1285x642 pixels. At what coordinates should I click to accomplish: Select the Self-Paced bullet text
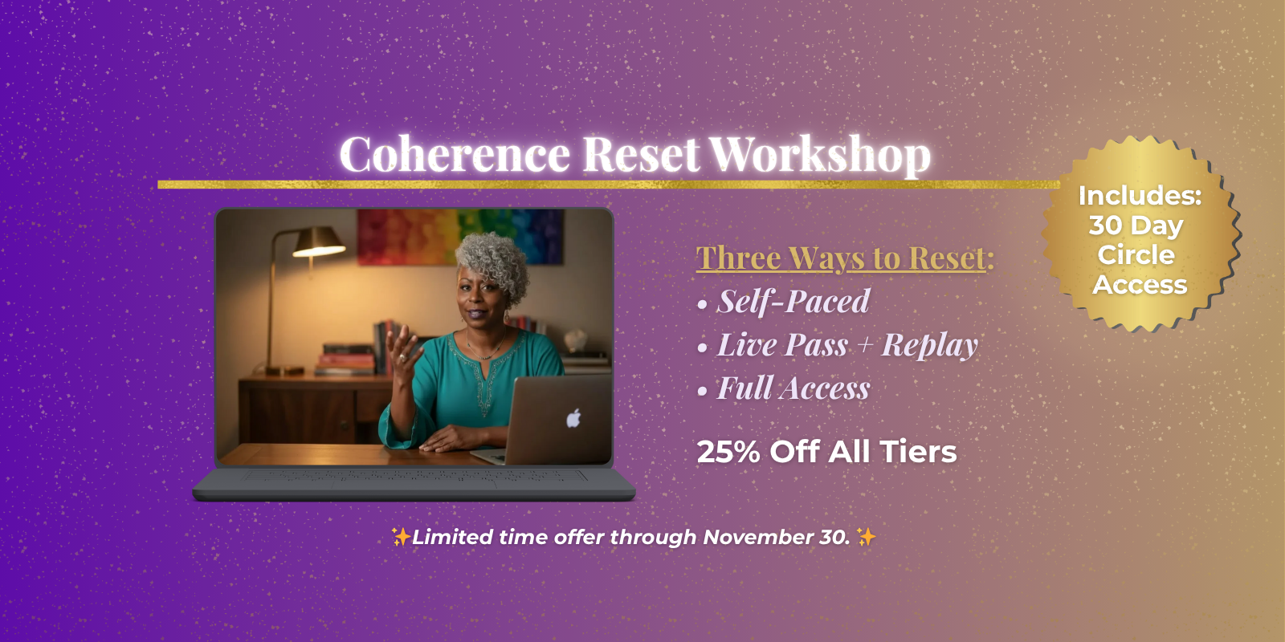point(793,302)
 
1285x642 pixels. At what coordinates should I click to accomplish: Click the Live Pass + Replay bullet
point(847,345)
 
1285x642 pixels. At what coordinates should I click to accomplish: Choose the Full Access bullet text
point(793,388)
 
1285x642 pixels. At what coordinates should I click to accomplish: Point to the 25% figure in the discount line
point(728,452)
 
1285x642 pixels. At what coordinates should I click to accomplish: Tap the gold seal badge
point(1140,234)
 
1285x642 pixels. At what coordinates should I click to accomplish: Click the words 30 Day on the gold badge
point(1136,226)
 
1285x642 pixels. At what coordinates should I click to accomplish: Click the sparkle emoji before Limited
point(401,537)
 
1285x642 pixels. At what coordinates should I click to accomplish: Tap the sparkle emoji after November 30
point(867,537)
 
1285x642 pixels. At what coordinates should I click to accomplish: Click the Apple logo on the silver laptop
point(573,418)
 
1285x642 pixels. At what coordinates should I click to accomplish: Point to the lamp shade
point(317,242)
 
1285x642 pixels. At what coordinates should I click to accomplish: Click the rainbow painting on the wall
point(460,237)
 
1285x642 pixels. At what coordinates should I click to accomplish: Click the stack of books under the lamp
point(345,359)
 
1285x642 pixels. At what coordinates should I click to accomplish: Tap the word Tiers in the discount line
point(919,452)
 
